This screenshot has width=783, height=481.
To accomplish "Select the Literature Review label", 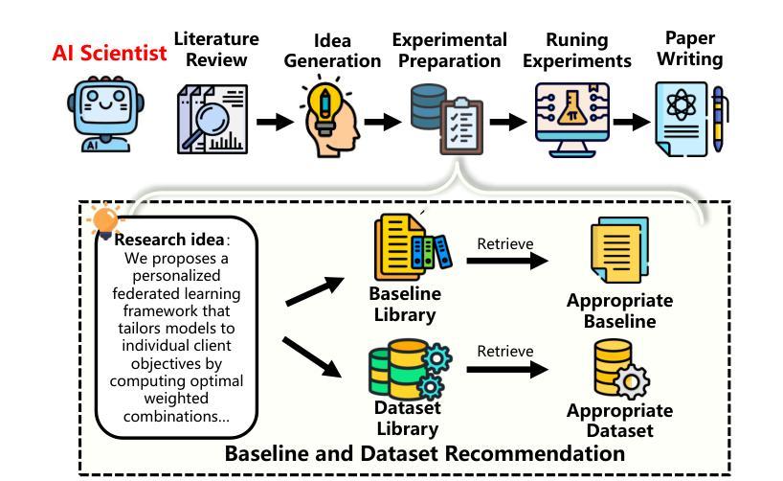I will click(215, 49).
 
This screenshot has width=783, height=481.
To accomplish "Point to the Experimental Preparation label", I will click(449, 50).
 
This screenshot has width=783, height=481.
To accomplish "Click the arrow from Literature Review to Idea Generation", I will click(275, 122).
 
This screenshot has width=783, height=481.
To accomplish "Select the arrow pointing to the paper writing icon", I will click(631, 122).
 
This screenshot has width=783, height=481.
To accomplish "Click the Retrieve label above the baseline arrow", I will click(504, 243).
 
